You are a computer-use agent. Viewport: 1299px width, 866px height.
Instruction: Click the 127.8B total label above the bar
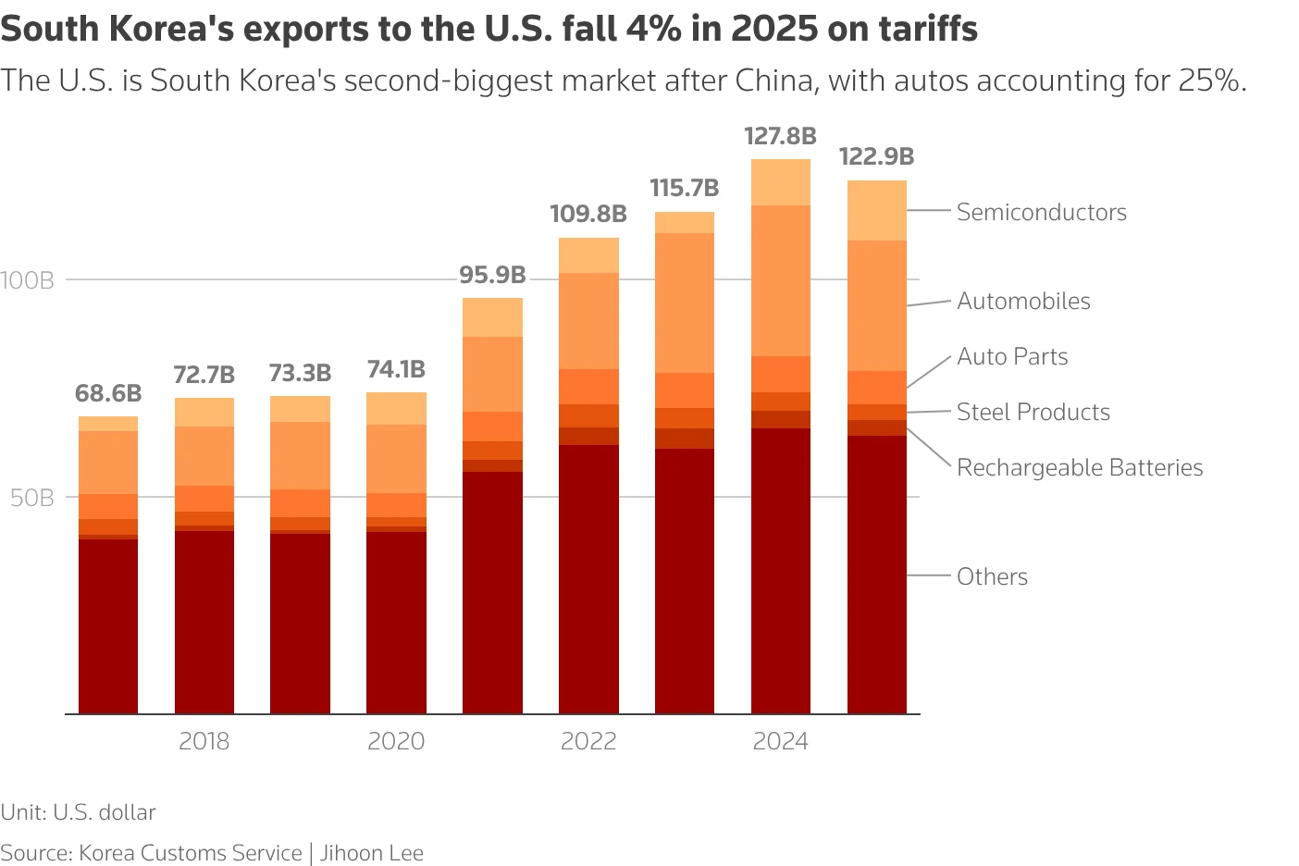tap(780, 137)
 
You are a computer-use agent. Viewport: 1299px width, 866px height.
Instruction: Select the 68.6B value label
tap(108, 394)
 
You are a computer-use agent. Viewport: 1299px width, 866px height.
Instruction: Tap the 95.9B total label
tap(492, 276)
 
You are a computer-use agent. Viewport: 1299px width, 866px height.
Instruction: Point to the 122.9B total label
tap(876, 157)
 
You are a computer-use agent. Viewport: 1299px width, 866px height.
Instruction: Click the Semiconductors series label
tap(1041, 213)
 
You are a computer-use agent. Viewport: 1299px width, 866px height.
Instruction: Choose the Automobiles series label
tap(1023, 302)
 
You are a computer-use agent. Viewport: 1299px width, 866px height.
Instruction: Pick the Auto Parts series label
tap(1012, 357)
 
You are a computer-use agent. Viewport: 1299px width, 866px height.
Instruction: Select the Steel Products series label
tap(1033, 413)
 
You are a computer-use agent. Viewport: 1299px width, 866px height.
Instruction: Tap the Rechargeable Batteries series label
tap(1079, 468)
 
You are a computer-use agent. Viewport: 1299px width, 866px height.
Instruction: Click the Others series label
tap(992, 577)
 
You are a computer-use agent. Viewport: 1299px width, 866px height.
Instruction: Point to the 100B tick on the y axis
tap(28, 280)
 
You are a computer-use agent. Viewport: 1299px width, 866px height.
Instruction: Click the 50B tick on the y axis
tap(32, 499)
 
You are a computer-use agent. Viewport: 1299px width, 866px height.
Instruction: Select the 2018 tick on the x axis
tap(204, 741)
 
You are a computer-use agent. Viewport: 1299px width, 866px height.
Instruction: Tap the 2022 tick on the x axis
tap(588, 741)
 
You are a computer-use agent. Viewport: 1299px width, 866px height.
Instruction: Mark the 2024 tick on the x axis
tap(780, 741)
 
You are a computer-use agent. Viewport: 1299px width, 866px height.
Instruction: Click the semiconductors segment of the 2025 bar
tap(876, 211)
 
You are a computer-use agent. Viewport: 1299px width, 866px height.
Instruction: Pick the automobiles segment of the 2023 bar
tap(684, 303)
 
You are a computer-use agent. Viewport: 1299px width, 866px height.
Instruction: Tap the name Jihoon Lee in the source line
tap(372, 853)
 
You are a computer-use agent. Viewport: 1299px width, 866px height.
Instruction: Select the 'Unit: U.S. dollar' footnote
tap(78, 812)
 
